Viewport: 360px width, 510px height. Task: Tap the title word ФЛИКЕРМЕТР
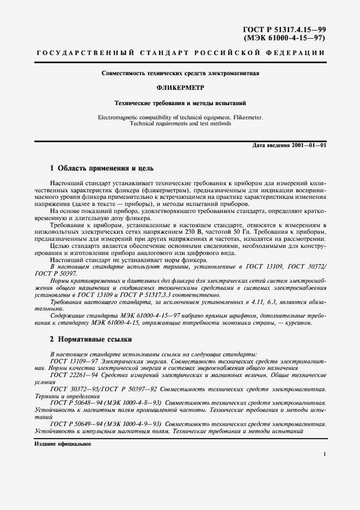click(180, 87)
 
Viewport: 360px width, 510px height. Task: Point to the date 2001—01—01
click(308, 146)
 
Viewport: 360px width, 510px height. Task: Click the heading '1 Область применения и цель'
click(102, 168)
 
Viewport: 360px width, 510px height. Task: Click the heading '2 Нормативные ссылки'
click(91, 338)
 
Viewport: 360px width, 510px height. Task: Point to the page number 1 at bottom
click(324, 453)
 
